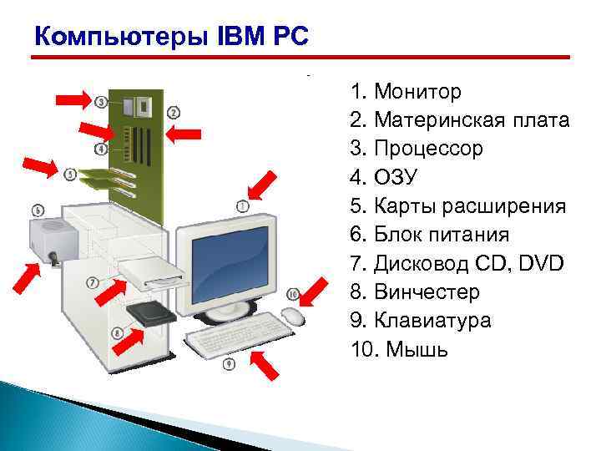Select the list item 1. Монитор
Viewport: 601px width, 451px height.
(406, 90)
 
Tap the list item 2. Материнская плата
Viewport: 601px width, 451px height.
(460, 119)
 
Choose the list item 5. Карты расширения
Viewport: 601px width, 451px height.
(458, 206)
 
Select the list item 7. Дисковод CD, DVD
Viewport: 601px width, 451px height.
(457, 264)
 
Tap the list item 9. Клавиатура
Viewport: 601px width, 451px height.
(421, 321)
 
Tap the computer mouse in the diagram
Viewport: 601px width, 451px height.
(292, 317)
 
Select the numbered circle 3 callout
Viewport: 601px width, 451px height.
(102, 102)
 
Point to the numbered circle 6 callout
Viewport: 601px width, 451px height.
(38, 210)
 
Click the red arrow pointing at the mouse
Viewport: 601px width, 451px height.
(316, 291)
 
